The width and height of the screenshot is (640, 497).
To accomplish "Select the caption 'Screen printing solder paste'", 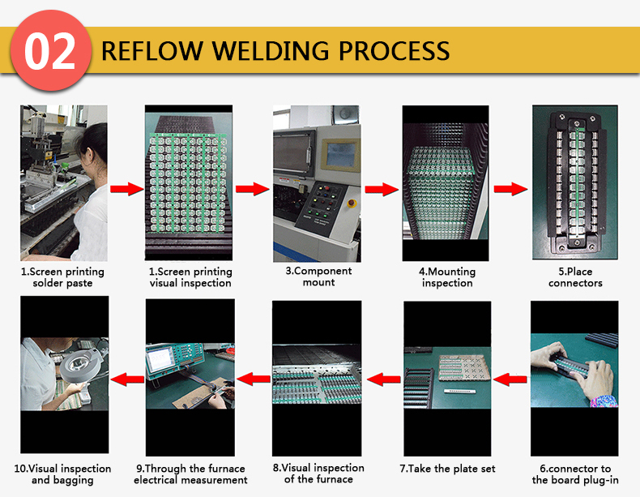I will (x=62, y=277).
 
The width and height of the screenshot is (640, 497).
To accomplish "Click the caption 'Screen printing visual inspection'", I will (x=190, y=277).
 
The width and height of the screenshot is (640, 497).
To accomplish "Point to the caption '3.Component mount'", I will (x=318, y=276).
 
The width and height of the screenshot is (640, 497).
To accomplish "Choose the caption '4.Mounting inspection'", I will (x=447, y=277).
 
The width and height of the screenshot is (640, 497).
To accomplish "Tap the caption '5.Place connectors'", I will (x=575, y=277).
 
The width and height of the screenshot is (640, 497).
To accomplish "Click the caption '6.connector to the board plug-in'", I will (x=575, y=474).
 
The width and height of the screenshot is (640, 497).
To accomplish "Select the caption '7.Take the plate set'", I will (x=447, y=469).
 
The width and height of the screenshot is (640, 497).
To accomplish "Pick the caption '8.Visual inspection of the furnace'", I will (x=318, y=473).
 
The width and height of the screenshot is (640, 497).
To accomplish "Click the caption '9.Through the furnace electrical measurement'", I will (x=190, y=474).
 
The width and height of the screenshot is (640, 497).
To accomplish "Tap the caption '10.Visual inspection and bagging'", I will (x=62, y=474).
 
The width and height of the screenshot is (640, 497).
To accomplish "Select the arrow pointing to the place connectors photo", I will (x=508, y=190).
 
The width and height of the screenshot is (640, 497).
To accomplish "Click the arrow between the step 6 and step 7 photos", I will (x=508, y=378).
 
